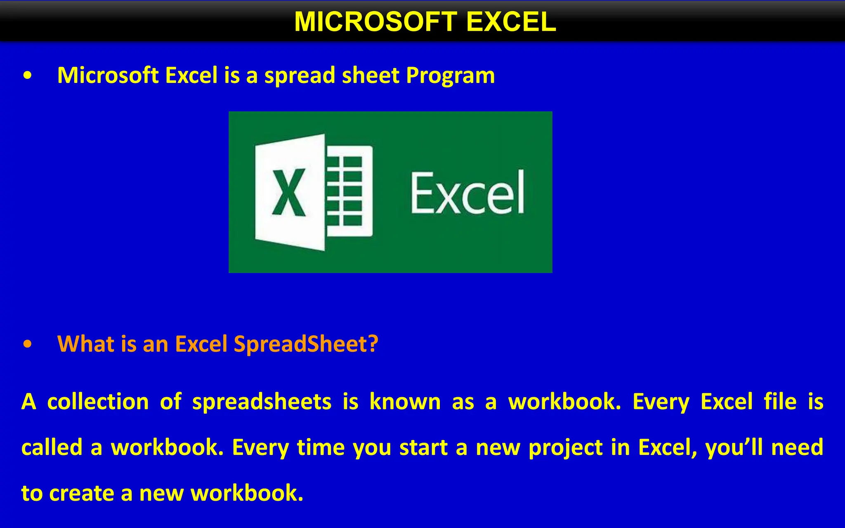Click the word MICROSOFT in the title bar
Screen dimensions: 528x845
[x=375, y=21]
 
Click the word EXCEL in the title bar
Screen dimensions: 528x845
[x=511, y=21]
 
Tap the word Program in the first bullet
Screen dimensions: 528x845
[x=450, y=75]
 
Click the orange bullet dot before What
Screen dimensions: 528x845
[x=27, y=344]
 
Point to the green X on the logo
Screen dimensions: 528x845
[x=289, y=193]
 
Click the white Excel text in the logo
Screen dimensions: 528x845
[x=467, y=193]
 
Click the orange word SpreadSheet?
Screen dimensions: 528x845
[x=306, y=344]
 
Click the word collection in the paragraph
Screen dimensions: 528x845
[x=98, y=402]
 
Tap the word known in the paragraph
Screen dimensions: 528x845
[x=405, y=402]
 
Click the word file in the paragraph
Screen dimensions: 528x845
[x=780, y=401]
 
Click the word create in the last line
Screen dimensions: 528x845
[x=81, y=493]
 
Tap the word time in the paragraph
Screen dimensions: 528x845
[x=320, y=447]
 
